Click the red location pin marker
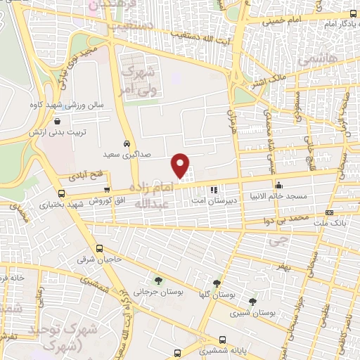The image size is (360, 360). [x=181, y=165]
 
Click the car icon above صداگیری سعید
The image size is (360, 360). [x=126, y=141]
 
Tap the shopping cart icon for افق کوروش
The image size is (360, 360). [x=106, y=190]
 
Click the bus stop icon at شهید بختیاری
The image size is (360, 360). [x=62, y=193]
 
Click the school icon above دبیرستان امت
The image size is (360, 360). [x=214, y=188]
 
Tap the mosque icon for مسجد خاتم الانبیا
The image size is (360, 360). [x=279, y=186]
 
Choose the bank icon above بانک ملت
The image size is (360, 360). [x=330, y=213]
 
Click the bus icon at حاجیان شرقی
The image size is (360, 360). [x=99, y=248]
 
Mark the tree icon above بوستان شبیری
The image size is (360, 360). [x=252, y=300]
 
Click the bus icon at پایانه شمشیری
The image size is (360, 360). [x=224, y=337]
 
